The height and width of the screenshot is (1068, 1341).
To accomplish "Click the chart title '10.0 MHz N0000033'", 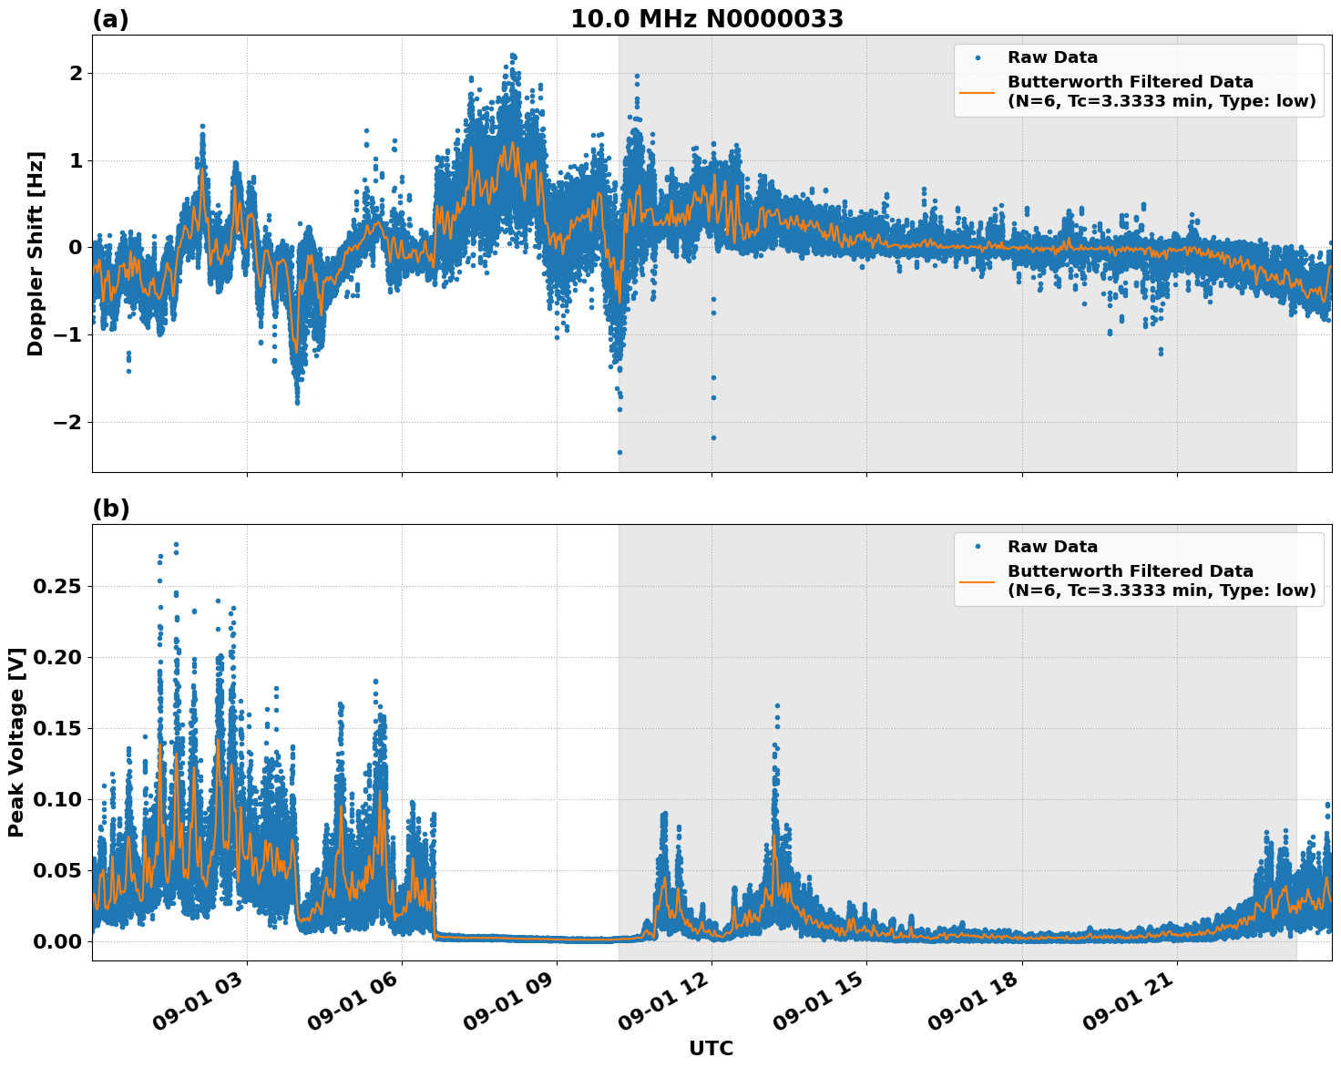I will [x=707, y=19].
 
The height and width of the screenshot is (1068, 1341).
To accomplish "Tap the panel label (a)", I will [x=110, y=19].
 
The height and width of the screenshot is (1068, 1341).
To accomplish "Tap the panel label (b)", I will [x=110, y=508].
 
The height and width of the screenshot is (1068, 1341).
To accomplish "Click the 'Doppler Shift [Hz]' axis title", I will [x=35, y=252].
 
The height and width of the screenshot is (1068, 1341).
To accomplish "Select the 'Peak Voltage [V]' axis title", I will [x=15, y=742].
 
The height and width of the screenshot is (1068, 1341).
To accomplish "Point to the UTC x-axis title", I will [x=711, y=1048].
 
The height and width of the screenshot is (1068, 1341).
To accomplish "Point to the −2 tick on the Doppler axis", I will [x=69, y=422].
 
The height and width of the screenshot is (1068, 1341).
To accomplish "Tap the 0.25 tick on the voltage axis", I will [x=56, y=586].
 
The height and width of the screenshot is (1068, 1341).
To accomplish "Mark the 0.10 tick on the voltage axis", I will [x=56, y=799].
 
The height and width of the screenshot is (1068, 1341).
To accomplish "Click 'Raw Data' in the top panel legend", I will [x=1052, y=57].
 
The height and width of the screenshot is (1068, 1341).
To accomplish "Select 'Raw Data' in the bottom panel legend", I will [x=1052, y=547].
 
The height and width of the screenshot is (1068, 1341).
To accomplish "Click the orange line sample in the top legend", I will [x=978, y=92].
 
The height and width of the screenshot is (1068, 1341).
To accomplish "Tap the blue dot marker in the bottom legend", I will [x=978, y=547].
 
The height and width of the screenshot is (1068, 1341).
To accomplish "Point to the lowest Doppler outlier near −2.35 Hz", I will [x=619, y=452].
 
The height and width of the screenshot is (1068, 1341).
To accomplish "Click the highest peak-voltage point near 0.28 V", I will [x=176, y=545].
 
